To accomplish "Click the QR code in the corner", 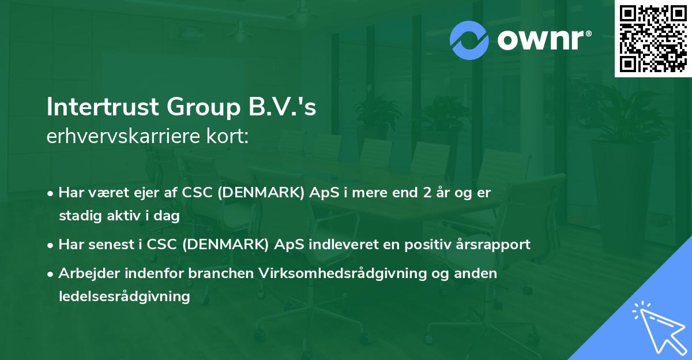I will coord(653,38).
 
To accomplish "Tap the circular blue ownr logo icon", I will coord(469,40).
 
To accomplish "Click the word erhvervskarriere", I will coord(126,137).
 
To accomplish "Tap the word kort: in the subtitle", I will coord(230,137).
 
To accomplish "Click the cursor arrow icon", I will coord(657,327).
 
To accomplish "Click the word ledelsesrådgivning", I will coord(124,297).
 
